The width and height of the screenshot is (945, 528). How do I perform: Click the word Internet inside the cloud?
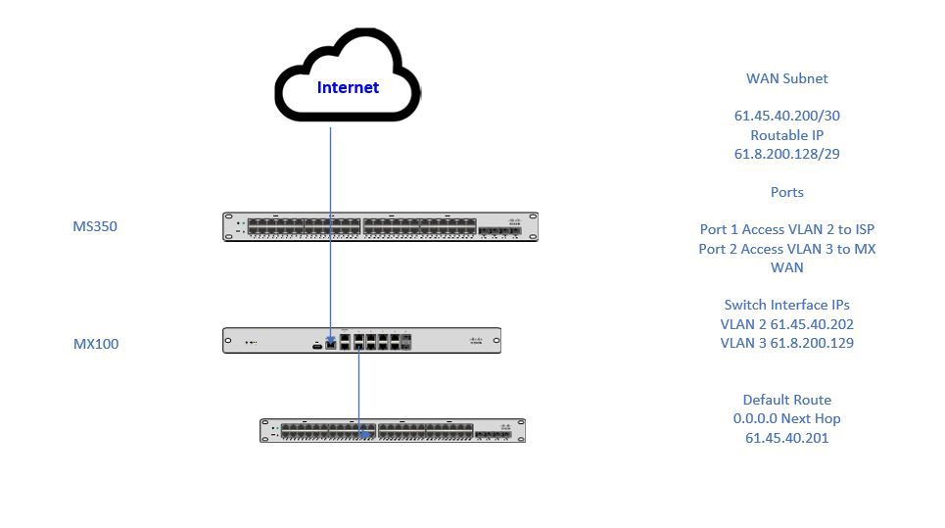[x=348, y=87]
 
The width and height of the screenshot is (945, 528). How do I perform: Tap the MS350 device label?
[x=96, y=226]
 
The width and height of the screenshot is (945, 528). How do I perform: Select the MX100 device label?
[x=96, y=344]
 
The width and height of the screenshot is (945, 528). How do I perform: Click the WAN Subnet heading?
[x=786, y=78]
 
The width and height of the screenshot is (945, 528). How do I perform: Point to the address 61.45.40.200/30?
[x=786, y=116]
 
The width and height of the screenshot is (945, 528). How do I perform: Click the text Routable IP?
[x=786, y=135]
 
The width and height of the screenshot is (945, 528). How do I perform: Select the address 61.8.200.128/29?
[x=786, y=154]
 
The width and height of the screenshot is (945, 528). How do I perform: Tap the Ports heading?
[x=786, y=192]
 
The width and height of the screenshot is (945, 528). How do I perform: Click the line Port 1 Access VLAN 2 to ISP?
[x=786, y=229]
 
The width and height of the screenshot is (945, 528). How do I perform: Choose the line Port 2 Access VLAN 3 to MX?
[x=786, y=249]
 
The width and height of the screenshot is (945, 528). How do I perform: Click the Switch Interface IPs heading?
[x=786, y=305]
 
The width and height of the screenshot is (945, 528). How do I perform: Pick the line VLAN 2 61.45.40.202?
[x=786, y=324]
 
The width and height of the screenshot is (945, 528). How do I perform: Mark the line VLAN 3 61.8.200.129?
[x=786, y=343]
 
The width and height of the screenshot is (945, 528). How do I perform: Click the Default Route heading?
[x=786, y=400]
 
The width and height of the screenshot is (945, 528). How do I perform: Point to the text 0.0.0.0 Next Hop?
[x=786, y=418]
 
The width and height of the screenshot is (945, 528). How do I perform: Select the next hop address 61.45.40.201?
[x=786, y=438]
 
